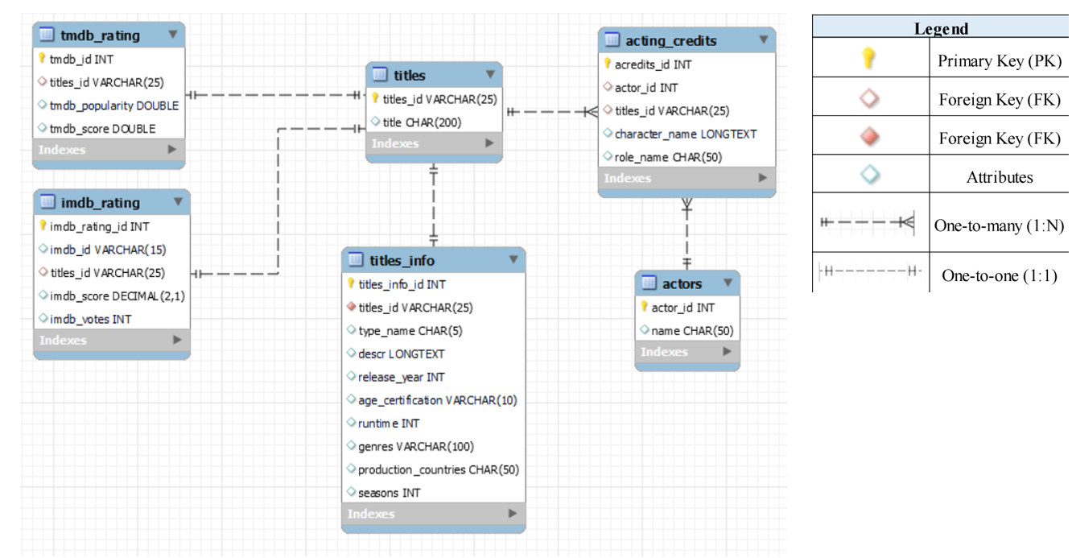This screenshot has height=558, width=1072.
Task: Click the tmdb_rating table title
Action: [100, 35]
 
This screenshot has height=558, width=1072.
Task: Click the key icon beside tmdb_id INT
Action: [40, 59]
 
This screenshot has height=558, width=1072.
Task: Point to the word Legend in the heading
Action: [941, 29]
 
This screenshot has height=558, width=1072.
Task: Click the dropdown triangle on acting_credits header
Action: [763, 39]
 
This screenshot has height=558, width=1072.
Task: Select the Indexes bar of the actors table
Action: [686, 352]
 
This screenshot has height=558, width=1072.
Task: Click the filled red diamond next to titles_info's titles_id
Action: [351, 307]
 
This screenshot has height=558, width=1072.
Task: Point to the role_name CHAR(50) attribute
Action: [667, 156]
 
